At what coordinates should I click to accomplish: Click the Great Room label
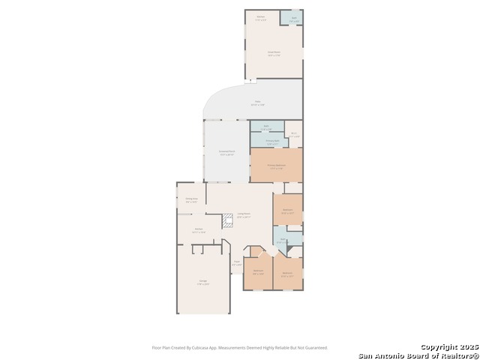(x=274, y=53)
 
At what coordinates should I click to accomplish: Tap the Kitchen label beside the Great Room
(x=261, y=17)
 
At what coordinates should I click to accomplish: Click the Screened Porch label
(x=227, y=153)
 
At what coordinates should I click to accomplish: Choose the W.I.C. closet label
(x=295, y=134)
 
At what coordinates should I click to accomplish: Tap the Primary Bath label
(x=272, y=141)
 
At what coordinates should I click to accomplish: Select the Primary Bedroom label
(x=276, y=166)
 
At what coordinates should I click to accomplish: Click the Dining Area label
(x=191, y=199)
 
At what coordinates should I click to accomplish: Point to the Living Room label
(x=244, y=215)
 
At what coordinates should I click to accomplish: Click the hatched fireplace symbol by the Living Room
(x=227, y=220)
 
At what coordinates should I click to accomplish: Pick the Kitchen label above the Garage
(x=199, y=230)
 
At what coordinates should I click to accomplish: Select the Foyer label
(x=236, y=263)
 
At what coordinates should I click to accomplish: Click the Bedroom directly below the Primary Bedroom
(x=287, y=210)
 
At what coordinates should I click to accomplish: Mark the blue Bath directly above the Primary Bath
(x=266, y=127)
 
